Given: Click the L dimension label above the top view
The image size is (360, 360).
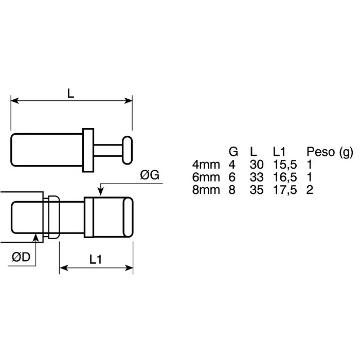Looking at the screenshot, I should pos(71,93).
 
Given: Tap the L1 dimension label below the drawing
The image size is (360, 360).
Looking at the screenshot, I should pos(95,260).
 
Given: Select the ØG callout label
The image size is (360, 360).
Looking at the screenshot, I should pos(150,175).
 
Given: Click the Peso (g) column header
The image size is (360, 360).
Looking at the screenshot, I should pos(330,152).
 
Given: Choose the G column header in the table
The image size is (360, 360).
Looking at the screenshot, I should pos(233,152).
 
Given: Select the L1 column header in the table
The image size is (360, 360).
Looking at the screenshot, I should pos(280,152).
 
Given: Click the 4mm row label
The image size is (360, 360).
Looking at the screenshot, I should pos(206,165).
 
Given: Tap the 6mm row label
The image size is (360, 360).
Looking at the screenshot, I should pos(206,177).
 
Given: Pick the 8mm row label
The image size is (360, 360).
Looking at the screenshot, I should pos(206,189).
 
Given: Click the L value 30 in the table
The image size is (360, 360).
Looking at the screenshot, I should pos(256,165).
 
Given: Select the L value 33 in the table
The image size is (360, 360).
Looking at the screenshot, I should pos(256,177).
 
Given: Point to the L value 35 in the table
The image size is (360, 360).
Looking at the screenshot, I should pos(256,189).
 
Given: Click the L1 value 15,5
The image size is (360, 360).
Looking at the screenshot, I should pos(284,165).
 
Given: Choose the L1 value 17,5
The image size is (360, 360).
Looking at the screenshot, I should pos(284,189).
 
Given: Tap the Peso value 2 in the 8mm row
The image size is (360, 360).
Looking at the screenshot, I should pos(310,189).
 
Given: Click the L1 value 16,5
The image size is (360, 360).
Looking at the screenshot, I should pos(284,177).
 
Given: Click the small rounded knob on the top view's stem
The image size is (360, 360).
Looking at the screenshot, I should pos(127,149).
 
